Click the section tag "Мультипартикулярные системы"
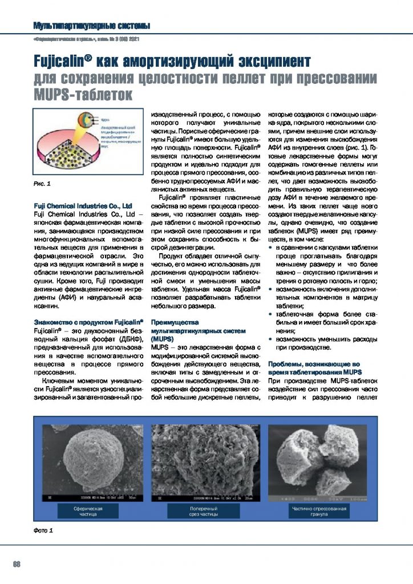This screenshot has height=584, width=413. pyautogui.click(x=92, y=26)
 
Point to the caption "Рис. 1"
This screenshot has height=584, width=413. pyautogui.click(x=42, y=184)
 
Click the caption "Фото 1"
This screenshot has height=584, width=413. pyautogui.click(x=43, y=531)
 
